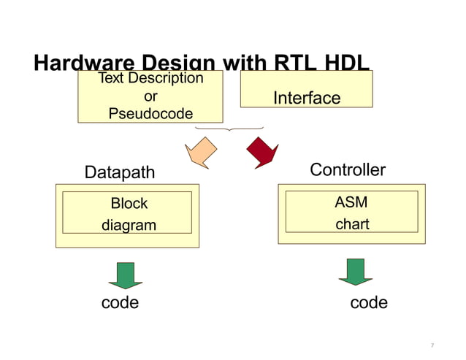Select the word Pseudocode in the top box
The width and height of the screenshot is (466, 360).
150,113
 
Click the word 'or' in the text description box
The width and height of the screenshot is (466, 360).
150,96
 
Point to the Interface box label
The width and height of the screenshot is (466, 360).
306,98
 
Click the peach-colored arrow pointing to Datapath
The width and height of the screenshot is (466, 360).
202,152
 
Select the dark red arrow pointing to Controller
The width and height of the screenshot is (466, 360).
262,150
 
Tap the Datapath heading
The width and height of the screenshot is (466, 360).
120,172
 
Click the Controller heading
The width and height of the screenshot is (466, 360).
348,170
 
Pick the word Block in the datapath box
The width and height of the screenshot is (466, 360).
129,204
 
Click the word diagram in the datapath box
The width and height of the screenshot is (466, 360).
129,226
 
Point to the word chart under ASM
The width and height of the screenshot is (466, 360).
351,224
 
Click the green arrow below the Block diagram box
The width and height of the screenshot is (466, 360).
126,275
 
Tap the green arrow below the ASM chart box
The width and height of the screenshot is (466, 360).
356,271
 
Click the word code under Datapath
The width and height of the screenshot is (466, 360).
120,302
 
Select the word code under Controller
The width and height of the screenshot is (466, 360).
369,302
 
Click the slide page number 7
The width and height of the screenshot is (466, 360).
432,345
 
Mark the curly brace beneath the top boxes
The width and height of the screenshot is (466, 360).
230,129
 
